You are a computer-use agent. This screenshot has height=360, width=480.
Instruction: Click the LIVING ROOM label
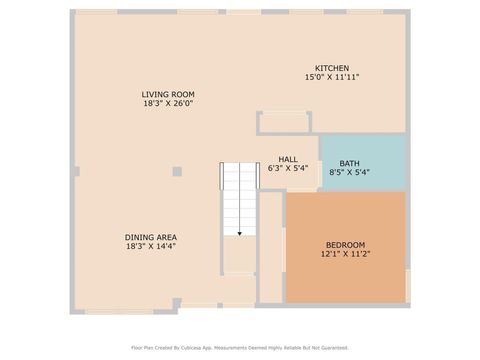(x=167, y=94)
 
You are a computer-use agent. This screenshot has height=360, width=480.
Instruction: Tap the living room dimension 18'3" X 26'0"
(x=167, y=103)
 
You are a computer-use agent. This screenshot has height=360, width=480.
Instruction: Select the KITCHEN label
(x=332, y=68)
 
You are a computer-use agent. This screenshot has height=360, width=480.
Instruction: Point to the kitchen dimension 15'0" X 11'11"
(x=332, y=77)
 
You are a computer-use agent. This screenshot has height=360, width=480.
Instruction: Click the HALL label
(x=288, y=159)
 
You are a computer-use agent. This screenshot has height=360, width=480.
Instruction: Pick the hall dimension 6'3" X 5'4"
(x=288, y=168)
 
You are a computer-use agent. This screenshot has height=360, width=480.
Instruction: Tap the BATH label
(x=349, y=163)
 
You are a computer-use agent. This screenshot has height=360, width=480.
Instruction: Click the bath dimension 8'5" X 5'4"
(x=349, y=172)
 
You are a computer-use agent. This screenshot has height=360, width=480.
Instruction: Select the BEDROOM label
(x=345, y=245)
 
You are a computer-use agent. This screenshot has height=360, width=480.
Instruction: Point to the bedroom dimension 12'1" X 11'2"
(x=345, y=254)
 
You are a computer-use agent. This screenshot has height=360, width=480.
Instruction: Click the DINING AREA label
(x=151, y=237)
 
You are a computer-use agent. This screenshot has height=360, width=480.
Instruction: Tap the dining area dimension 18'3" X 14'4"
(x=151, y=246)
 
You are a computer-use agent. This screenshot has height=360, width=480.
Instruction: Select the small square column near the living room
(x=177, y=171)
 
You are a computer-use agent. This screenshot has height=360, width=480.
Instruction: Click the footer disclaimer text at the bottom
(x=240, y=348)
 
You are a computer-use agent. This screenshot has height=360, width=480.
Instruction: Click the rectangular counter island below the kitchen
(x=284, y=123)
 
